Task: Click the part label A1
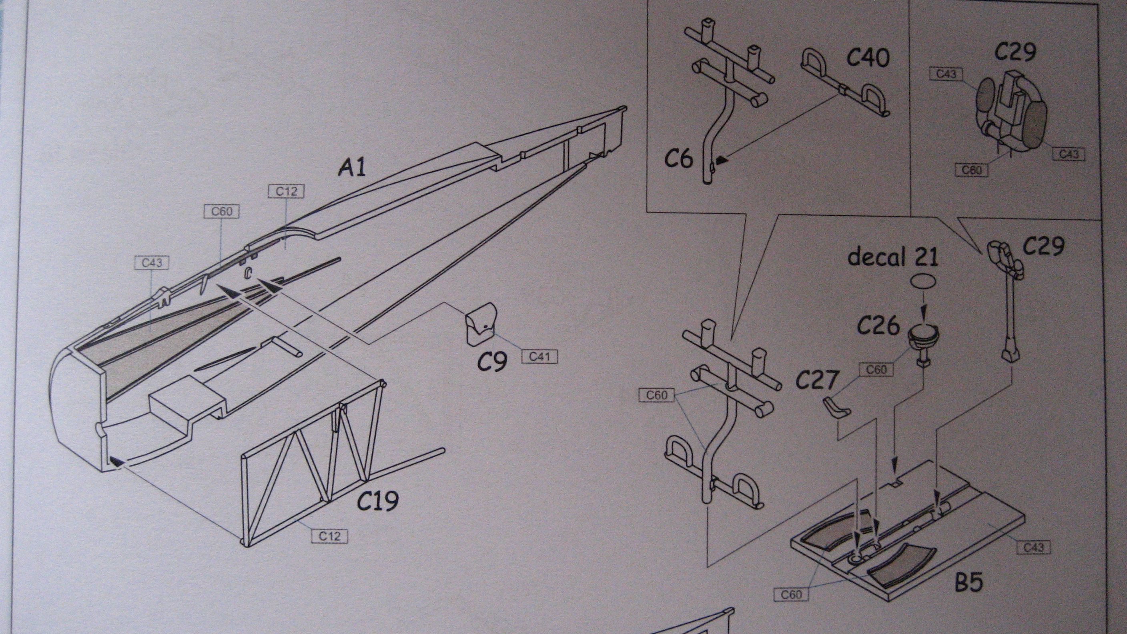[x=352, y=168]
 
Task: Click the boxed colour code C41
[x=539, y=356]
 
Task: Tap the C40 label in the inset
[x=868, y=58]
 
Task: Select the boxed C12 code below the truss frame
[x=329, y=536]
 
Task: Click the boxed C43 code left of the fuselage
[x=152, y=263]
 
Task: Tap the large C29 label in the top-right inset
[x=1015, y=52]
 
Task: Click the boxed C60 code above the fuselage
[x=222, y=212]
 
